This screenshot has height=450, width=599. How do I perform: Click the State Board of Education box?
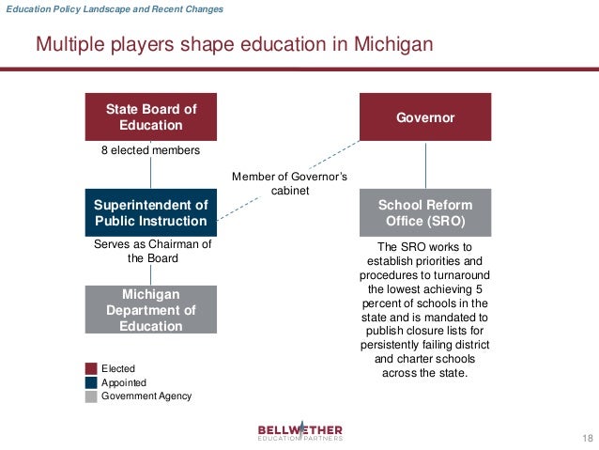pos(150,117)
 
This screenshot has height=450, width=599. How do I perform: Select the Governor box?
pos(425,117)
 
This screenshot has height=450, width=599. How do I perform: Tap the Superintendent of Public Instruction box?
pos(150,213)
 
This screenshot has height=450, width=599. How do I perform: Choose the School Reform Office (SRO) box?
pos(425,213)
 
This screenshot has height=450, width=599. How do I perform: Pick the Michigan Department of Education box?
pos(150,310)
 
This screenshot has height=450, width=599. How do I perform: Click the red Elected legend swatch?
pos(91,369)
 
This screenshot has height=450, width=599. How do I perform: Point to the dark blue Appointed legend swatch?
pos(91,383)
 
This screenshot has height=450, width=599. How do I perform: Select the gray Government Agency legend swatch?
pos(91,396)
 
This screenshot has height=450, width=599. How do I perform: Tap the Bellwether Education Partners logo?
pos(300,431)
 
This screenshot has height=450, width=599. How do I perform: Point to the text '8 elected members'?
pos(150,149)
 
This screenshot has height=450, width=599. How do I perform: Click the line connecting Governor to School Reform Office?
pos(425,165)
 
